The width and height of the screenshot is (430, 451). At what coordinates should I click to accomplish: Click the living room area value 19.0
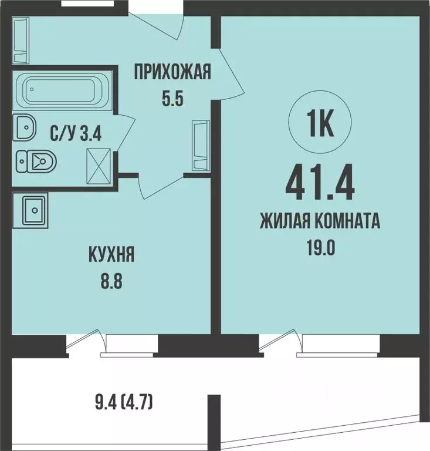(x=321, y=247)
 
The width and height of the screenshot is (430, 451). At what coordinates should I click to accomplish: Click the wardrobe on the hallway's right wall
(x=200, y=147)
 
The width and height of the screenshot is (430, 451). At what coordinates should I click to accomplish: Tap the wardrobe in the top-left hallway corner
(x=20, y=41)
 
